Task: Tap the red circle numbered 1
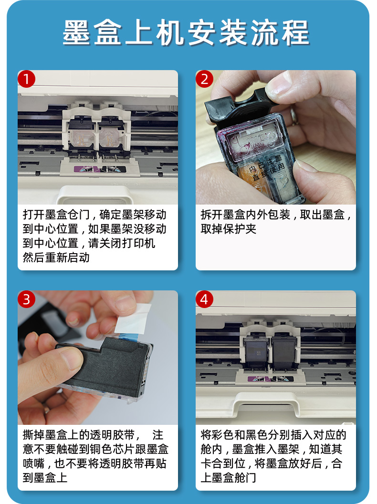[26, 79]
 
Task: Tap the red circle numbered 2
[204, 79]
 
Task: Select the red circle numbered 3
[26, 299]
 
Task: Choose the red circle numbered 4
[204, 299]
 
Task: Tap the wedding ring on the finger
[293, 116]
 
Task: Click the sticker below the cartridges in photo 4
[271, 379]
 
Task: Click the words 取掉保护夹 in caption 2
[229, 229]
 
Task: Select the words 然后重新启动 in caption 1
[56, 257]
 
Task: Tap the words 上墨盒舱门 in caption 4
[229, 478]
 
